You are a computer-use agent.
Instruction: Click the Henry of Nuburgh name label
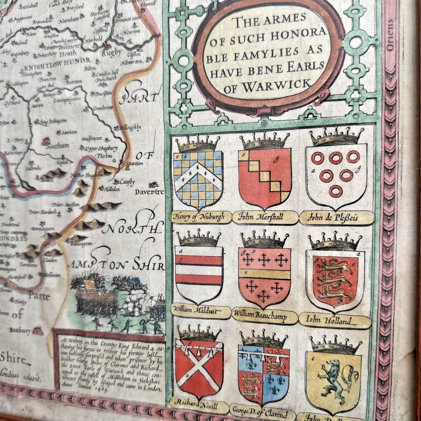point(200,217)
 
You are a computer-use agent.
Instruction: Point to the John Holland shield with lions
point(335,278)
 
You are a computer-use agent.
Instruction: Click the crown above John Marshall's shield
point(264,141)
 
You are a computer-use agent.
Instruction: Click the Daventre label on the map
point(149,192)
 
